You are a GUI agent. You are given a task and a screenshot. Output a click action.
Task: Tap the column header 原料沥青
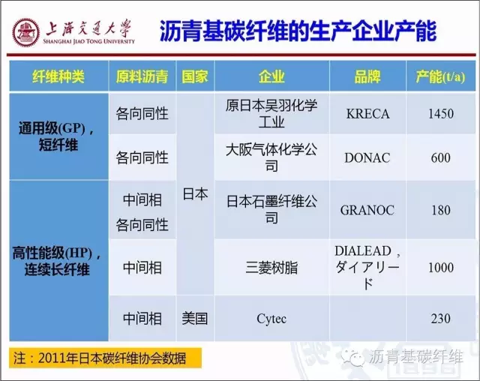[142, 76]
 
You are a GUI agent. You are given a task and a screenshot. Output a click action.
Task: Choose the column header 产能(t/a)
[441, 76]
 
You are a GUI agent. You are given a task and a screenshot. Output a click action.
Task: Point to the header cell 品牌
[367, 76]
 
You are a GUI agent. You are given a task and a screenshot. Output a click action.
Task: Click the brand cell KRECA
[367, 114]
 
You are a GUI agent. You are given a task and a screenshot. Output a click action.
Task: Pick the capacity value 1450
[441, 114]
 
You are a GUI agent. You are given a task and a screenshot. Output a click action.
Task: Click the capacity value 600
[441, 157]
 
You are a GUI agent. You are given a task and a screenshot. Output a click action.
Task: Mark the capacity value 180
[441, 210]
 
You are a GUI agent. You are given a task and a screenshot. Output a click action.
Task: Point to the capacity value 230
[441, 319]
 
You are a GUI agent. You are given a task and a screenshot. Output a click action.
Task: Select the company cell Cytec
[271, 319]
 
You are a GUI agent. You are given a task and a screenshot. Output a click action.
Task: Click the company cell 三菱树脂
[271, 268]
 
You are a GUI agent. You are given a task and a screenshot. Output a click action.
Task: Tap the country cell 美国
[195, 319]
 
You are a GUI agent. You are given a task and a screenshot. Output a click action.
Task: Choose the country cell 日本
[195, 193]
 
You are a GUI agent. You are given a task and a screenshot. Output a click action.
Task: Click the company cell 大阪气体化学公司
[271, 157]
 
